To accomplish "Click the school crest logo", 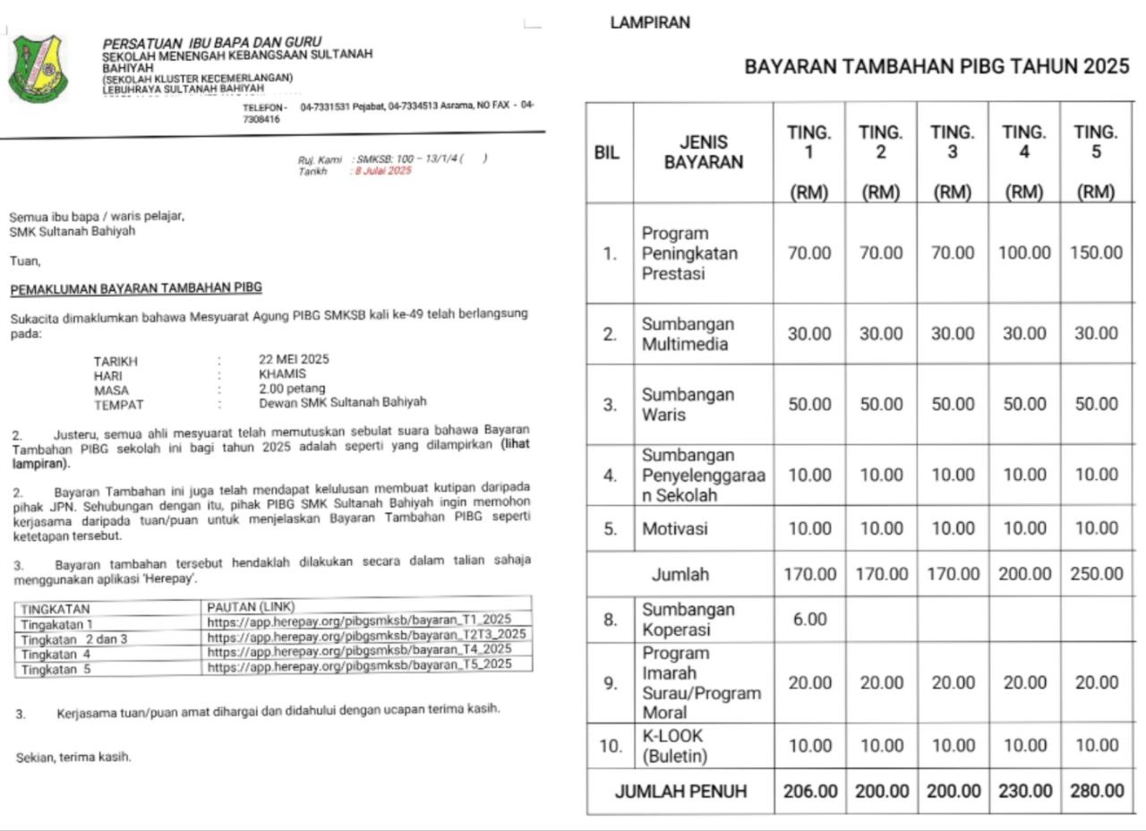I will pyautogui.click(x=38, y=68).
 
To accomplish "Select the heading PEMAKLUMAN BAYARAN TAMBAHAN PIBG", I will pyautogui.click(x=136, y=288).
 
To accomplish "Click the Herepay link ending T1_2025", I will pyautogui.click(x=359, y=620).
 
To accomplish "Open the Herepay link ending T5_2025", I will pyautogui.click(x=359, y=664).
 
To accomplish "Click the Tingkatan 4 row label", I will pyautogui.click(x=56, y=655).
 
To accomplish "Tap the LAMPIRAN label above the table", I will pyautogui.click(x=650, y=23).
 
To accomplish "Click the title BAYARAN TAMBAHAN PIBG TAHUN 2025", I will pyautogui.click(x=936, y=67).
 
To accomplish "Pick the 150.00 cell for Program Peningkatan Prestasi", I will pyautogui.click(x=1096, y=253).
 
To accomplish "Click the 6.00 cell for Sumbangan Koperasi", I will pyautogui.click(x=809, y=620).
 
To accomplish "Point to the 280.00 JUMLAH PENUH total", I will pyautogui.click(x=1097, y=792).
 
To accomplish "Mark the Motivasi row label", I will pyautogui.click(x=674, y=528).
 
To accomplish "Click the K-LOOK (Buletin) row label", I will pyautogui.click(x=674, y=746).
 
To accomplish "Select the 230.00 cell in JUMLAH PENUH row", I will pyautogui.click(x=1025, y=792).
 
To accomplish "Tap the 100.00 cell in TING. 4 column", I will pyautogui.click(x=1025, y=253).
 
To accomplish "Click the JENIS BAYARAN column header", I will pyautogui.click(x=703, y=152).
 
